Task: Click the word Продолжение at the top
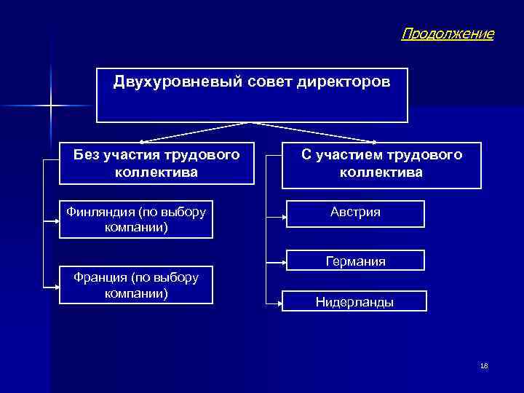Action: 447,33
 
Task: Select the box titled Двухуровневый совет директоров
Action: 252,95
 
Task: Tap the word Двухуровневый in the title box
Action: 165,81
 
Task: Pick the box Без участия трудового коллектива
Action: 156,163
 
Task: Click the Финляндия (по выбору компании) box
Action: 136,219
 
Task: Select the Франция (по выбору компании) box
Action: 136,285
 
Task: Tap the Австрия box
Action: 355,213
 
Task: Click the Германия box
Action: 355,261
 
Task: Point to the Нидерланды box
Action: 355,301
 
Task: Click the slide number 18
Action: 484,366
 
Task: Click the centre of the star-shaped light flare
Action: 52,107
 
